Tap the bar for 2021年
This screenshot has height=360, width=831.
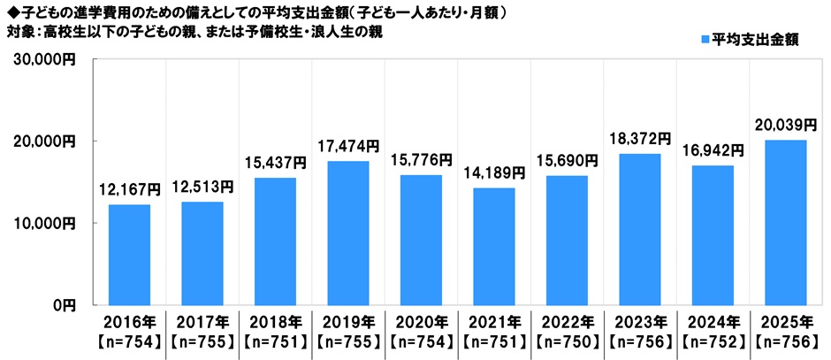[x=493, y=246]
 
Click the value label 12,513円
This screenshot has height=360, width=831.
[x=202, y=186]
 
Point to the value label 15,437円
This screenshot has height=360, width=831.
[x=275, y=163]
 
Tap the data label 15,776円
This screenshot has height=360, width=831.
[x=421, y=160]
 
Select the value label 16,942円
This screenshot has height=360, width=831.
[x=712, y=150]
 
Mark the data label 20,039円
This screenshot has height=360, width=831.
[x=784, y=125]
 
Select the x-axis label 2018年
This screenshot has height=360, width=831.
[x=275, y=321]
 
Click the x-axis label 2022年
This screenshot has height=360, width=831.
[x=566, y=321]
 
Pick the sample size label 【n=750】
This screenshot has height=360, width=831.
[x=566, y=340]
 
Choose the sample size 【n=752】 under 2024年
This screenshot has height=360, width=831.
[x=712, y=340]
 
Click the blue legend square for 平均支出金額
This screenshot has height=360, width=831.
[x=704, y=40]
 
